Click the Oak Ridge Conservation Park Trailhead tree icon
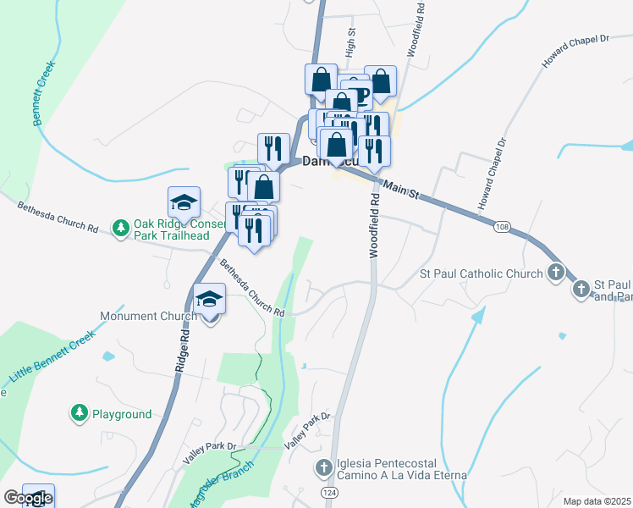pyautogui.click(x=121, y=228)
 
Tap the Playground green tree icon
pyautogui.click(x=80, y=413)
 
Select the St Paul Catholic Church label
pyautogui.click(x=482, y=273)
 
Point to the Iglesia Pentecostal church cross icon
pyautogui.click(x=324, y=467)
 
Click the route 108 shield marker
pyautogui.click(x=503, y=227)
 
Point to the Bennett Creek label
pyautogui.click(x=45, y=93)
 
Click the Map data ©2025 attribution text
pyautogui.click(x=597, y=501)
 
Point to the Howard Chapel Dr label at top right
pyautogui.click(x=575, y=51)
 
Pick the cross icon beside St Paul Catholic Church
pyautogui.click(x=555, y=273)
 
